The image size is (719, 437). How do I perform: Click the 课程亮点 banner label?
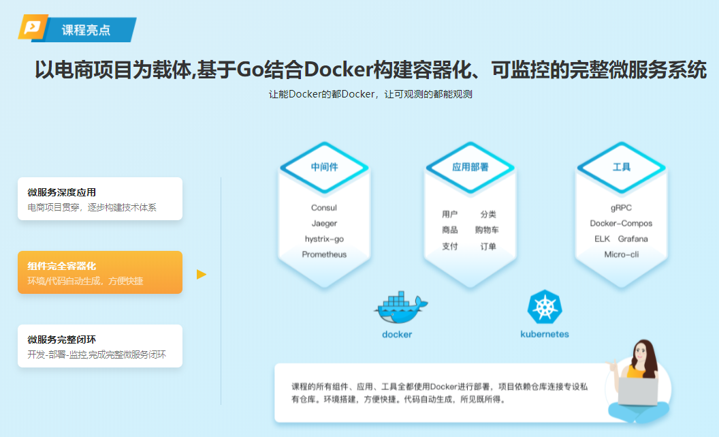point(86,30)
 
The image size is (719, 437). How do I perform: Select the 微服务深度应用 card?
point(100,198)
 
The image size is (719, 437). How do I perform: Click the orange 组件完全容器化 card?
point(100,272)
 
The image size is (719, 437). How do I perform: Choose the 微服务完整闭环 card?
point(100,346)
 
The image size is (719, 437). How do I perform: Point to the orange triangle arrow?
point(201,274)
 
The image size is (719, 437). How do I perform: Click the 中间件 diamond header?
point(324,167)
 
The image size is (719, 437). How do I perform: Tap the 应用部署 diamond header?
point(470,167)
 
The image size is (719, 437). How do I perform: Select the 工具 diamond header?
point(621,167)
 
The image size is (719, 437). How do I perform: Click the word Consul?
point(324,208)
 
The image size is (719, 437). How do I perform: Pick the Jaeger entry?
point(324,224)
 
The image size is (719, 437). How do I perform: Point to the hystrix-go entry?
point(324,239)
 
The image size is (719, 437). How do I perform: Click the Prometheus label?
point(324,255)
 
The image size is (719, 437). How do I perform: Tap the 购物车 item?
point(487,230)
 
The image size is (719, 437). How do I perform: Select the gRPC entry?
point(621,208)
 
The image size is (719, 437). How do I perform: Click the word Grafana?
point(633,239)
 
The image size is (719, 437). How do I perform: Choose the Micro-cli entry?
point(621,255)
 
